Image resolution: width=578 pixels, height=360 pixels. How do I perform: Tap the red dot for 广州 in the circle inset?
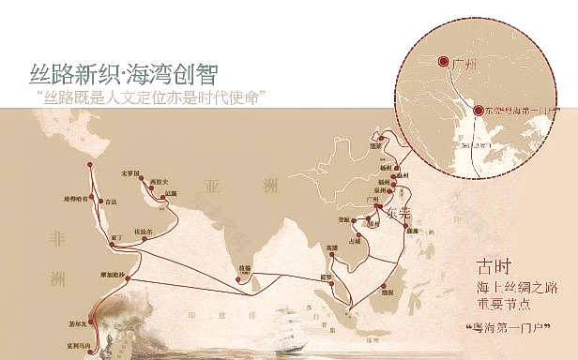pos(443,65)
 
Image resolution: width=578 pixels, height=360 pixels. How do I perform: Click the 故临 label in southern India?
pos(246,265)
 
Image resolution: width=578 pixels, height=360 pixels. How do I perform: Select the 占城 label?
pos(355,241)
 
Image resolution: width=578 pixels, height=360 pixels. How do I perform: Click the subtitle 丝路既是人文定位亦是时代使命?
pos(147,97)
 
